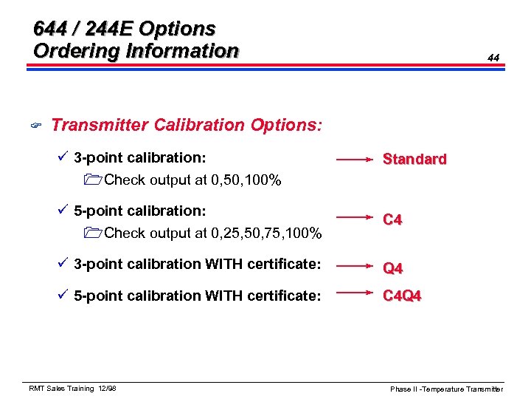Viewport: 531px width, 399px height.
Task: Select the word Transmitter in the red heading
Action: (100, 125)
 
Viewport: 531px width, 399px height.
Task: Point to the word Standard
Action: (414, 159)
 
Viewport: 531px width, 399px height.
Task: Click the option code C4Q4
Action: (402, 296)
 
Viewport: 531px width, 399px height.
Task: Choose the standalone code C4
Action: (392, 219)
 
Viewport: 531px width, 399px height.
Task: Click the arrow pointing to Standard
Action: (355, 158)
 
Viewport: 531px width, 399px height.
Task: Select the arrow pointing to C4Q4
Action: (355, 293)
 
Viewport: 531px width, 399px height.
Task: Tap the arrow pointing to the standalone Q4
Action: (355, 264)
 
